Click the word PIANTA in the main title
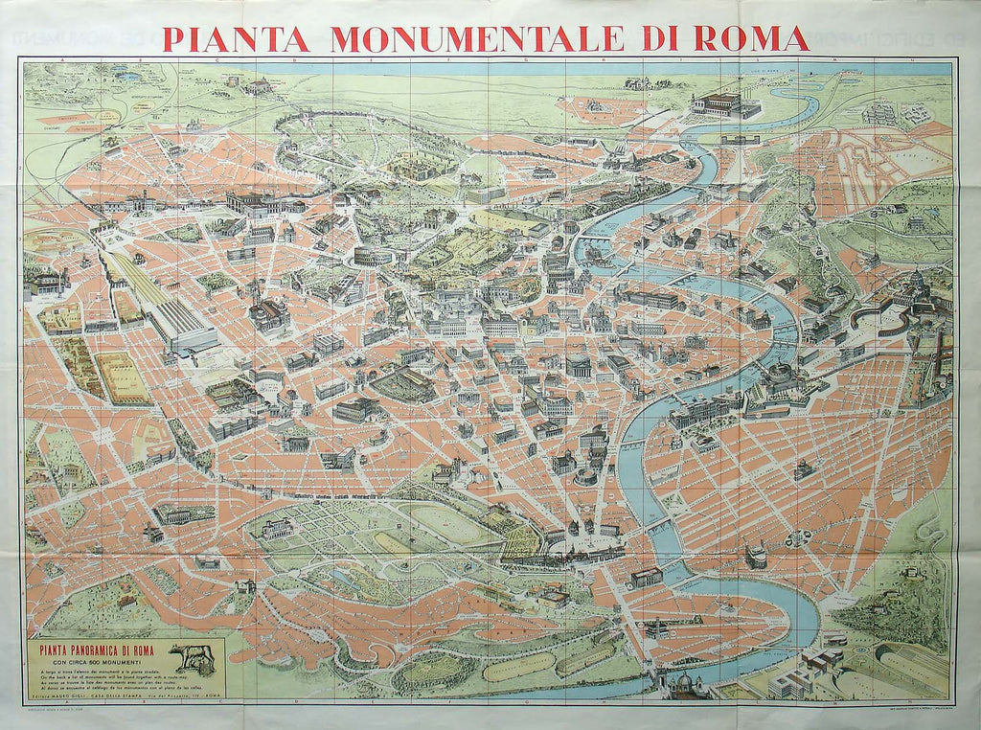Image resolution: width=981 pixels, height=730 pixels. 236,38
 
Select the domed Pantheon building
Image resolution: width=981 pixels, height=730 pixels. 578,364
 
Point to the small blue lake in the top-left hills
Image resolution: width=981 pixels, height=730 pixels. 125,74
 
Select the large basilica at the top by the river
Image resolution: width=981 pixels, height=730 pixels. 720,103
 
